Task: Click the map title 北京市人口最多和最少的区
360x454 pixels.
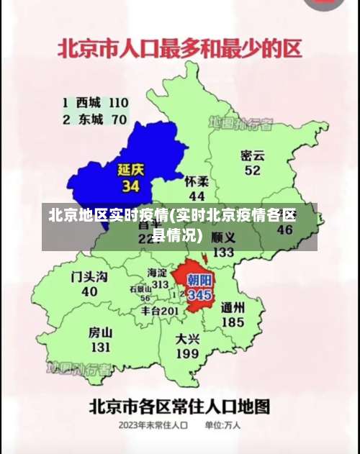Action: (179, 51)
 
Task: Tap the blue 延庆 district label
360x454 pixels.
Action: (131, 171)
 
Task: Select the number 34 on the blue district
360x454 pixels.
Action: (130, 186)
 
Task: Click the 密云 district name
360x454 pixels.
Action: (253, 155)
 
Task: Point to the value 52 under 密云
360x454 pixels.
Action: (252, 171)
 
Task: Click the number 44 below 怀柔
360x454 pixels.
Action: (197, 196)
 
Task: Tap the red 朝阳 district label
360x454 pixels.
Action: (199, 280)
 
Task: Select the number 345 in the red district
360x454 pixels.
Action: (199, 295)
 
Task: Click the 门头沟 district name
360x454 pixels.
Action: (89, 277)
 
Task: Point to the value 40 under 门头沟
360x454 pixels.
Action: (89, 292)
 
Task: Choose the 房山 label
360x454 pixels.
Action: (100, 332)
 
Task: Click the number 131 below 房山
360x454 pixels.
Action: (100, 347)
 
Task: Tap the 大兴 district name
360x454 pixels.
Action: (187, 338)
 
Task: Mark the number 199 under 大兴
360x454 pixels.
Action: (187, 353)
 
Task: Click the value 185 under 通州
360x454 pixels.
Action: (233, 322)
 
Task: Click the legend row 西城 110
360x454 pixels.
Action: (95, 103)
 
